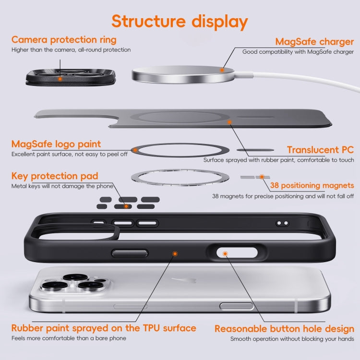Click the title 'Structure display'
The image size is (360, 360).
pos(180,22)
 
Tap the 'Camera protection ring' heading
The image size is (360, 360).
pos(63,39)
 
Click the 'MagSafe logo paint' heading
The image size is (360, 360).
pos(56,144)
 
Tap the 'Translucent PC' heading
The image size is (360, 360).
pos(320,149)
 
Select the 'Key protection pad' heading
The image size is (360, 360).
pos(55,176)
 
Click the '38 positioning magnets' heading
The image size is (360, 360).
pos(312,185)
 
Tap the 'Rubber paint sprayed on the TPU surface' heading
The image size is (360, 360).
pos(104,328)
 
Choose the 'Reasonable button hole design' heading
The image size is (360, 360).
pos(284,329)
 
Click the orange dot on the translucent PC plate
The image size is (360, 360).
pos(230,122)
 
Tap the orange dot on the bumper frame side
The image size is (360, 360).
pos(175,253)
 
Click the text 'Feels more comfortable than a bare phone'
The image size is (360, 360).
pos(69,338)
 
